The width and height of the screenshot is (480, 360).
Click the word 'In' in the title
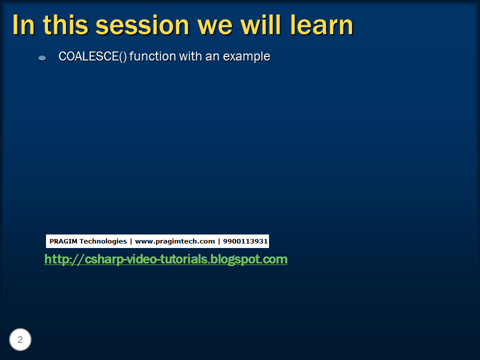pyautogui.click(x=23, y=25)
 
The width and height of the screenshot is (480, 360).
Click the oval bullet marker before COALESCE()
pyautogui.click(x=42, y=58)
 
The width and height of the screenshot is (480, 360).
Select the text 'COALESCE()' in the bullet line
pyautogui.click(x=92, y=56)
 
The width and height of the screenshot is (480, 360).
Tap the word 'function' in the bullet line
pyautogui.click(x=153, y=56)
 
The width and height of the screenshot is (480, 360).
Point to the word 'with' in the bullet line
pyautogui.click(x=191, y=56)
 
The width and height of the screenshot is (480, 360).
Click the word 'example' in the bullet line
pyautogui.click(x=246, y=56)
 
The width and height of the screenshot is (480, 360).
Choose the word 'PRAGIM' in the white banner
pyautogui.click(x=63, y=241)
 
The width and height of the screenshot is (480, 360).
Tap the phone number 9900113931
pyautogui.click(x=245, y=241)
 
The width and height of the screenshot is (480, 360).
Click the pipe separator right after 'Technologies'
pyautogui.click(x=131, y=241)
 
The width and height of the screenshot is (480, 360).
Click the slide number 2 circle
pyautogui.click(x=20, y=340)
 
